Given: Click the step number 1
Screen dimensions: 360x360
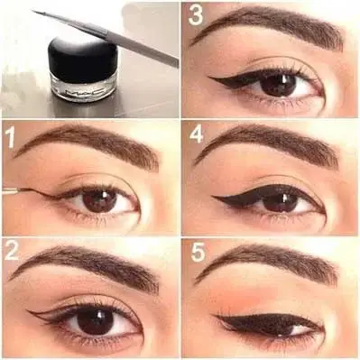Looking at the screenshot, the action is [x=10, y=137].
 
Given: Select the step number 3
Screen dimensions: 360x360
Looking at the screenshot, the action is [x=196, y=14].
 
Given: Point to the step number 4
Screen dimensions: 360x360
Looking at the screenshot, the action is [x=196, y=135].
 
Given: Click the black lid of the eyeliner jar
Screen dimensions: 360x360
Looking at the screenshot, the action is [x=83, y=60].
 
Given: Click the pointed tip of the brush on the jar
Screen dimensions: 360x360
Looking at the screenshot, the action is [x=32, y=12].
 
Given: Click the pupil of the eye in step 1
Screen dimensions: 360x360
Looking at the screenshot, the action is [x=100, y=201].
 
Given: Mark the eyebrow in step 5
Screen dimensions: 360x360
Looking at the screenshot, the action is [x=268, y=262].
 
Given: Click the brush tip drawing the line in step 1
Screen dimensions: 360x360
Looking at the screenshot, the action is [x=19, y=189].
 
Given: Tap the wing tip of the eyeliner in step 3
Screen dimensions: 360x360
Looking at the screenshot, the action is [x=208, y=78].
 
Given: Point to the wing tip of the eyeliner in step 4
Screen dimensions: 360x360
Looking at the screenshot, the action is [x=213, y=197].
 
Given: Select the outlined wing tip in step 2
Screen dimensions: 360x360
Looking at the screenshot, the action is [x=28, y=311].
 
